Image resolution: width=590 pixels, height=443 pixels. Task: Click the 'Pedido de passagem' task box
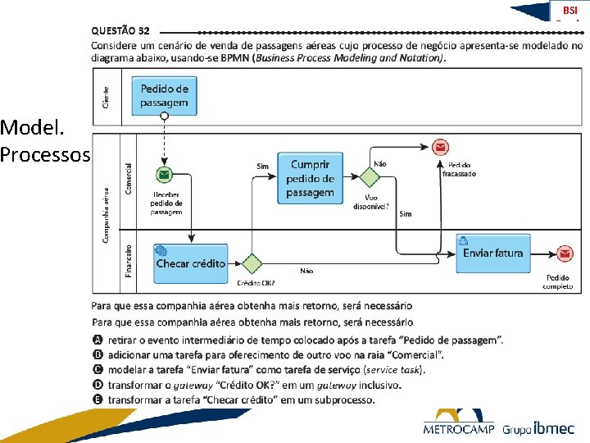(164, 95)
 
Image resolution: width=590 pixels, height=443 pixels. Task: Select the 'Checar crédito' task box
(190, 263)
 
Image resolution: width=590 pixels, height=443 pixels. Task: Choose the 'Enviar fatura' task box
(492, 253)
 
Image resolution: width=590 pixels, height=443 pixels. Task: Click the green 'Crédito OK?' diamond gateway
(251, 263)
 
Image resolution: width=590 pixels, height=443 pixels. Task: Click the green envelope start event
(165, 175)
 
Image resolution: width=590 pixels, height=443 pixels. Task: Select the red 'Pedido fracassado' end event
(441, 148)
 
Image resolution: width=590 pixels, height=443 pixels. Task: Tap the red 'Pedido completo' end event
(565, 254)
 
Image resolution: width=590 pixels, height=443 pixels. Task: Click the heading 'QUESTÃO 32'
(120, 30)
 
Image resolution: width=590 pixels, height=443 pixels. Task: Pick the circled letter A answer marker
(98, 340)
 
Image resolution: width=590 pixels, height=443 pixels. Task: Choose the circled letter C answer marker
(98, 370)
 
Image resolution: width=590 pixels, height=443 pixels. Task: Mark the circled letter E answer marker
(98, 400)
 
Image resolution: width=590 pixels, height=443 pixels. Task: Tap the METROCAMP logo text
(458, 428)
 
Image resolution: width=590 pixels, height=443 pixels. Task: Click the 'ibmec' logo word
(554, 427)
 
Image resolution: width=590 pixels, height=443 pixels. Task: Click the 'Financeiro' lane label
(129, 259)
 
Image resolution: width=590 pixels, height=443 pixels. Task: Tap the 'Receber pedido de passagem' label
(166, 203)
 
